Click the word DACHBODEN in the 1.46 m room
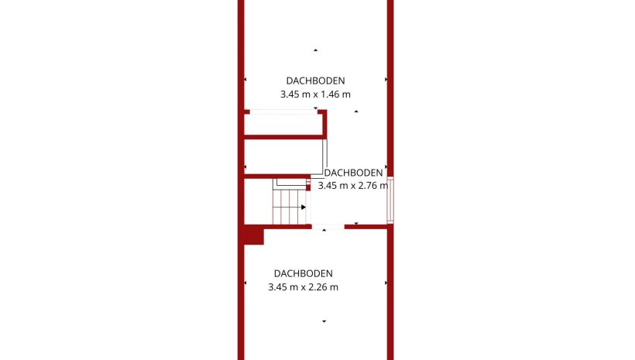(315, 81)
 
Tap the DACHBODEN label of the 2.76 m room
(353, 173)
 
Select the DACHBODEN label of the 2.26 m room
(304, 273)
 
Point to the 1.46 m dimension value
(336, 94)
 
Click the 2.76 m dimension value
(373, 186)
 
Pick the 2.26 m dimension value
(323, 287)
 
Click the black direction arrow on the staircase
(304, 207)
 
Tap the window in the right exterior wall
(390, 200)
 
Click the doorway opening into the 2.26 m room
(328, 227)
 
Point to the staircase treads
(289, 207)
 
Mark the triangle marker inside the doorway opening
(324, 230)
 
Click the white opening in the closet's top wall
(283, 111)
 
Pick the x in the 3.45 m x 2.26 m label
(303, 287)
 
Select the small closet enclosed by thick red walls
(283, 125)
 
